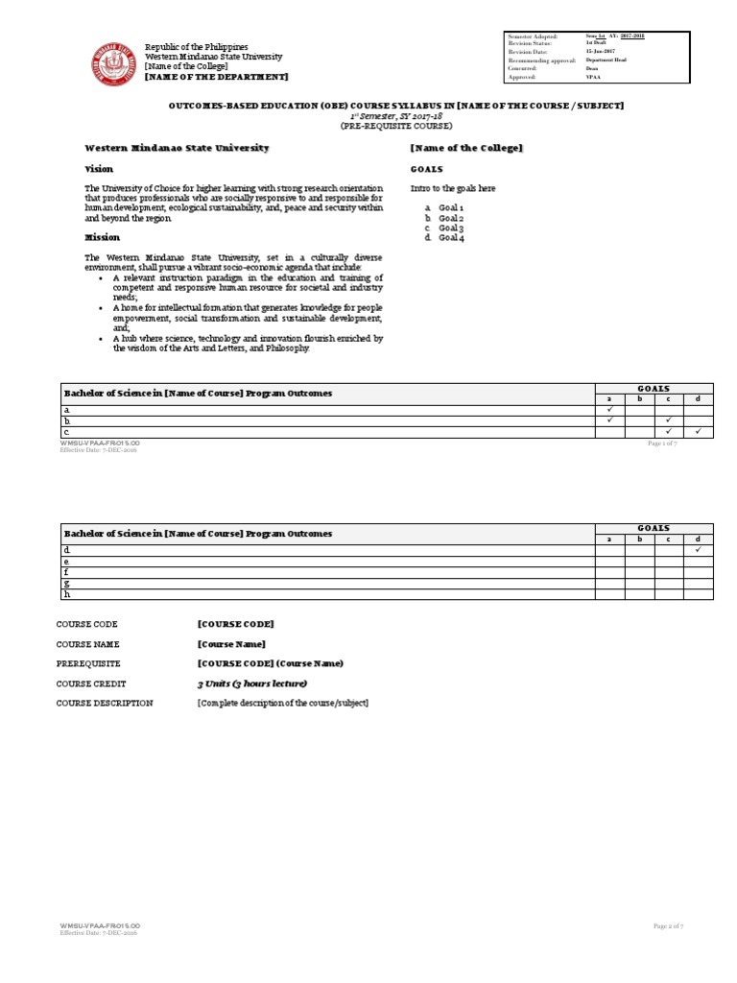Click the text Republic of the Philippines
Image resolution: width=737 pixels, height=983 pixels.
[x=196, y=47]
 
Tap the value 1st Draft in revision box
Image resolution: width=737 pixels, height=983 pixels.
[x=597, y=43]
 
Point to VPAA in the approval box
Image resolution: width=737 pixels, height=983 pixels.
[x=593, y=78]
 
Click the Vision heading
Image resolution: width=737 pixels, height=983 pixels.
[x=100, y=168]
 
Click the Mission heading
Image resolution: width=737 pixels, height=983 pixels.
[x=103, y=236]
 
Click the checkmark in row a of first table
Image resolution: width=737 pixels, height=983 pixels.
[x=609, y=410]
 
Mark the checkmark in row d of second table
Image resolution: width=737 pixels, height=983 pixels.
[x=698, y=550]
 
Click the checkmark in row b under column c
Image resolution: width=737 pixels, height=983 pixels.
[x=668, y=420]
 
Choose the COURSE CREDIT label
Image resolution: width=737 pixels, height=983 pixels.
[x=92, y=683]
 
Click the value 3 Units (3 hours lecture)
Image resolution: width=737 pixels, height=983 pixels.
[x=251, y=683]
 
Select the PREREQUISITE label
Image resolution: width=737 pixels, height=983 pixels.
[x=88, y=663]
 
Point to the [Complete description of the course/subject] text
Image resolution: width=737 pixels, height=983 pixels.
[x=282, y=704]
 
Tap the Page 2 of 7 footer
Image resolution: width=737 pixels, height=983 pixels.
[x=667, y=925]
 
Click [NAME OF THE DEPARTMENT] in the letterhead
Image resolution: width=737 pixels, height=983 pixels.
[x=216, y=77]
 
